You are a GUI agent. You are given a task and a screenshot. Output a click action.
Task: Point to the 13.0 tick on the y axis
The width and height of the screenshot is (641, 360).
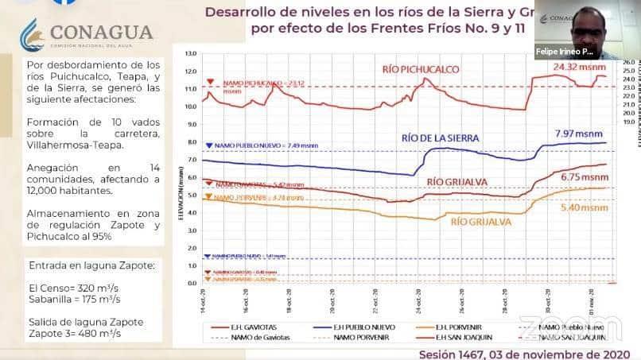tap(189, 54)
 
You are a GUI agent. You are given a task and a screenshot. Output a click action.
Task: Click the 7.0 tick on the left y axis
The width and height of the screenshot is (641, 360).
tap(189, 160)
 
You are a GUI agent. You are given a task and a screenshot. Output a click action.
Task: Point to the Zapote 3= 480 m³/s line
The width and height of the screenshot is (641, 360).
tap(75, 334)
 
